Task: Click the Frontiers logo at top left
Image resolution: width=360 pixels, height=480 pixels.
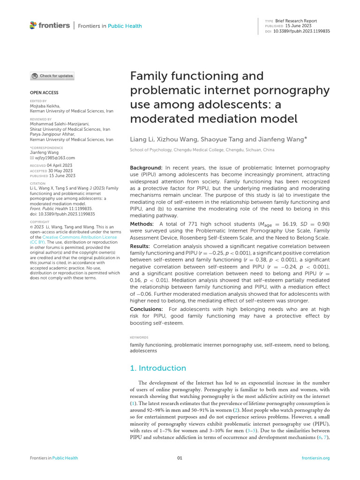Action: tap(49, 25)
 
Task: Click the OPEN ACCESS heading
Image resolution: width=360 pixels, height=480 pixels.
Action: tap(45, 93)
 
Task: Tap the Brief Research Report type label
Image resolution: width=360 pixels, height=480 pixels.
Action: tap(296, 21)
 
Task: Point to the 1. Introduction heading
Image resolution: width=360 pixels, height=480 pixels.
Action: tap(157, 368)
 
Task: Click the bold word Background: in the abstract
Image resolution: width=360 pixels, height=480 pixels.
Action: tap(146, 168)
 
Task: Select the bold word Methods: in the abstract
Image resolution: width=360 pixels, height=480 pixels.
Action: tap(143, 224)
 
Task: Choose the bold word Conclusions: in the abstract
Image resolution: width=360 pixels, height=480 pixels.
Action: tap(146, 309)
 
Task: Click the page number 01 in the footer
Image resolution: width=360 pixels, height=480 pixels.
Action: tap(180, 458)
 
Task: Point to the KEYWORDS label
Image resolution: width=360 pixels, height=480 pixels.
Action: tap(139, 337)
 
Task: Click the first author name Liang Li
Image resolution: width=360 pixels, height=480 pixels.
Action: tap(141, 139)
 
